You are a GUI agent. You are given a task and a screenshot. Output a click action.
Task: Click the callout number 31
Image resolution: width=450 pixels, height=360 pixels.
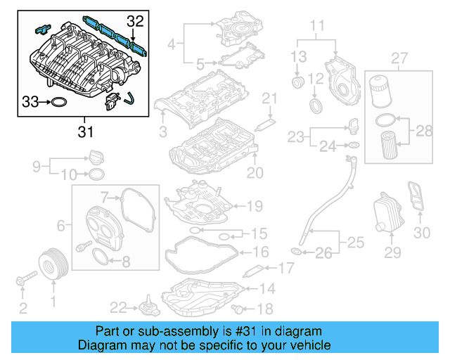click(84, 131)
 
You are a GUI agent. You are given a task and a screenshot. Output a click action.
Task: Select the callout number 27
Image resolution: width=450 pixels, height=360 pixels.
click(399, 57)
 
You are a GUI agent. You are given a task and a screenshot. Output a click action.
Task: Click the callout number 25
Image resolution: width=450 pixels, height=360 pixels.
click(356, 243)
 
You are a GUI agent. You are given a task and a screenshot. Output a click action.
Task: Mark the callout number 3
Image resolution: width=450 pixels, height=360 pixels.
click(162, 131)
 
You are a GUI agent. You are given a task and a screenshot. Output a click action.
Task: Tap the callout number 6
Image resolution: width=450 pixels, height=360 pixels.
click(61, 225)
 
